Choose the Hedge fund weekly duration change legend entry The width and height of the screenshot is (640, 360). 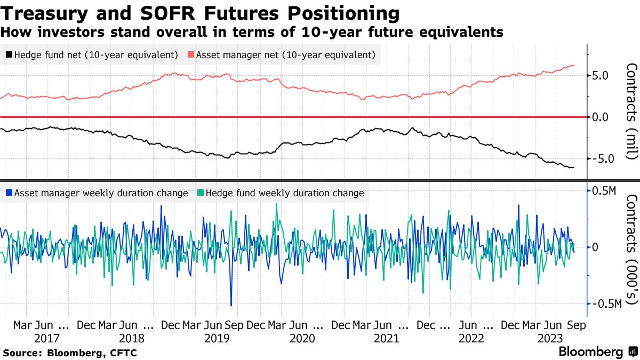coord(281,193)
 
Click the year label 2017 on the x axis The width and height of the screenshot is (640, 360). coord(46,339)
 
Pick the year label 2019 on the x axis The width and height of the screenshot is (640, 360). coord(217,339)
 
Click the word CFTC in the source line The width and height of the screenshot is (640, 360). coord(124,353)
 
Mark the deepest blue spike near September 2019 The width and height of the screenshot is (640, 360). coord(231,305)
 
